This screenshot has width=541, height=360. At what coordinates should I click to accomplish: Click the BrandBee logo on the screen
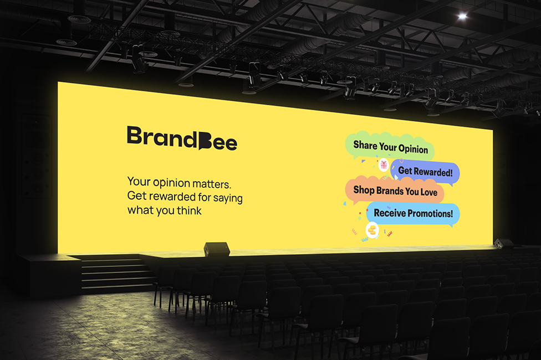pyautogui.click(x=182, y=138)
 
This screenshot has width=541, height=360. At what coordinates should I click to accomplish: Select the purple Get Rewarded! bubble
pyautogui.click(x=425, y=172)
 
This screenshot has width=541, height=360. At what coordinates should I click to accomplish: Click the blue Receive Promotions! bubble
pyautogui.click(x=413, y=213)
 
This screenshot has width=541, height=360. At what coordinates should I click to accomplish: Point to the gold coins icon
pyautogui.click(x=372, y=230)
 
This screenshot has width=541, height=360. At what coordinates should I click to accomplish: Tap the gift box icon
pyautogui.click(x=384, y=165)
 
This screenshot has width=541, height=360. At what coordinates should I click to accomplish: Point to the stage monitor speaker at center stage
pyautogui.click(x=217, y=249)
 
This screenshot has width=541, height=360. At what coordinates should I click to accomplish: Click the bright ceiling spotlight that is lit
pyautogui.click(x=462, y=16)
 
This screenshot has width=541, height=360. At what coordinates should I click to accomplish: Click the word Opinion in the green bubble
pyautogui.click(x=413, y=148)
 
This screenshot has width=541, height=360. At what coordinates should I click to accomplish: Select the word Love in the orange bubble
pyautogui.click(x=429, y=192)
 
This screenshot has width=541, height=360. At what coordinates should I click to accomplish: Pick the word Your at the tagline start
pyautogui.click(x=139, y=181)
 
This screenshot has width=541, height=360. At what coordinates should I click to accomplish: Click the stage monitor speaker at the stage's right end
pyautogui.click(x=504, y=243)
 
